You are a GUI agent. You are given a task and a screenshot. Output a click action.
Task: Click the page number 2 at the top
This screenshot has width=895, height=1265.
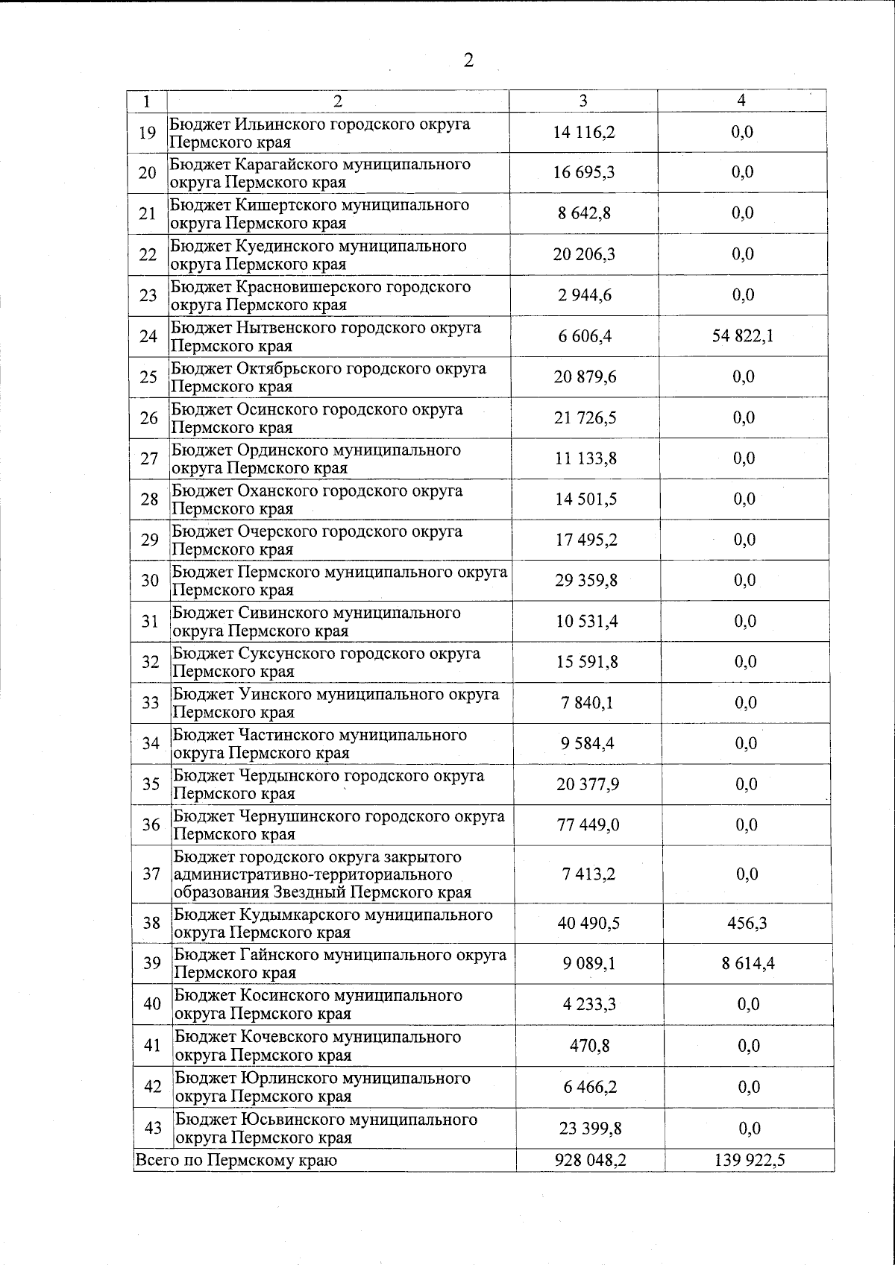[468, 60]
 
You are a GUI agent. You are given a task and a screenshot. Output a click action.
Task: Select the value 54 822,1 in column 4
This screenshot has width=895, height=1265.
[743, 336]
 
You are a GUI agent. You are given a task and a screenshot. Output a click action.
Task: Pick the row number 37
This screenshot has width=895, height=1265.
[151, 874]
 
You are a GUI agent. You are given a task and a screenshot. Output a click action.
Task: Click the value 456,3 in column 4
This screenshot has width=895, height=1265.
[747, 924]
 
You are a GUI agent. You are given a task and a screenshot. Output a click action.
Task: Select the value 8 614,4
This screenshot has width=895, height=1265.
[748, 964]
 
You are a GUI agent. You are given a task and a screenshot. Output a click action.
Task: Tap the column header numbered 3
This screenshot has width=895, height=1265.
[583, 101]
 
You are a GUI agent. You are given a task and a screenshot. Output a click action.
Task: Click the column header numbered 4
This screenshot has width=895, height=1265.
[741, 101]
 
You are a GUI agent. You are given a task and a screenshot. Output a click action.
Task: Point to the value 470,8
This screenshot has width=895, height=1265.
[589, 1046]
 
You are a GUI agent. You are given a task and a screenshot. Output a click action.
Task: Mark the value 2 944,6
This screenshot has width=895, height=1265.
[585, 295]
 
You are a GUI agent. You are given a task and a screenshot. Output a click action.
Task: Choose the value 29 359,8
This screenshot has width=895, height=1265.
[586, 581]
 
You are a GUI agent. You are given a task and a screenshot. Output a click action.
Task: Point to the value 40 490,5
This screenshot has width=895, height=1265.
[588, 924]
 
